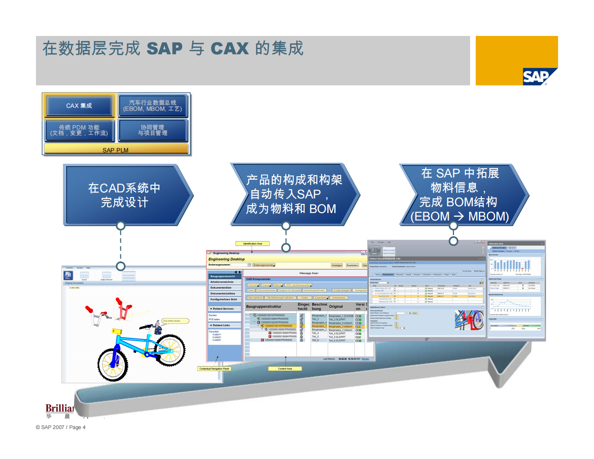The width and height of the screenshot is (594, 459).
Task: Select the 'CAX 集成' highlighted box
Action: click(79, 106)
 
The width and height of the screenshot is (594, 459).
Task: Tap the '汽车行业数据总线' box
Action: click(152, 106)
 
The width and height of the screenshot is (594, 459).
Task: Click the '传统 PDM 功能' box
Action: click(79, 130)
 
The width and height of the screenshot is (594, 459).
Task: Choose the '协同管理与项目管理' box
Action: click(152, 130)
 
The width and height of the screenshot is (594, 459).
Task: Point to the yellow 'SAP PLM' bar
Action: click(116, 150)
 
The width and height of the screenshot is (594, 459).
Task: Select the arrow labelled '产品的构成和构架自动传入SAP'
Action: click(293, 194)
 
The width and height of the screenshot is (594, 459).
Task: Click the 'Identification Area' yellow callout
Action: click(253, 244)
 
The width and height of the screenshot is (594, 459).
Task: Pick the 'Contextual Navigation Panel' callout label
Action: click(214, 369)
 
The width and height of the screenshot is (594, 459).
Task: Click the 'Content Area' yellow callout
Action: click(285, 369)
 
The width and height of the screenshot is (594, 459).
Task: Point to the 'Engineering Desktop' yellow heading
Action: click(226, 259)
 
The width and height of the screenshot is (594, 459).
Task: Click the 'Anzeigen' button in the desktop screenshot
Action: click(337, 265)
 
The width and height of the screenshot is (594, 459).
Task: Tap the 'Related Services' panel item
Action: click(223, 309)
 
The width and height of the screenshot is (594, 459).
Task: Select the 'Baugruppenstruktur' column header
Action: click(264, 307)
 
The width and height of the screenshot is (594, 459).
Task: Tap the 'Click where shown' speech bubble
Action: click(175, 321)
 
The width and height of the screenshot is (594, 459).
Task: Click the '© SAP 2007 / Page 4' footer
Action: click(61, 427)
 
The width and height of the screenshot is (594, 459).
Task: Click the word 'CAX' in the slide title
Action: click(229, 49)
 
